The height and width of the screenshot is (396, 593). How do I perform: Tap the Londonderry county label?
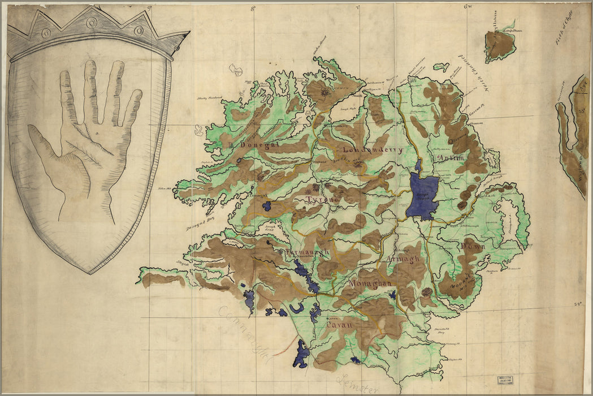[x=373, y=150]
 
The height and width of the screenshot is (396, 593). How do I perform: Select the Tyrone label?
[x=322, y=200]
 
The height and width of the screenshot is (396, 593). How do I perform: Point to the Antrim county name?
[x=452, y=158]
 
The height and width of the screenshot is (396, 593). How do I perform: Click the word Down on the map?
[x=473, y=246]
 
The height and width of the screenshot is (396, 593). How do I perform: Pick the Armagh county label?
[x=404, y=259]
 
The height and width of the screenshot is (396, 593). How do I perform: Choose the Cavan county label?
[x=340, y=325]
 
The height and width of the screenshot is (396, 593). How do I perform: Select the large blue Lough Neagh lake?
[x=423, y=195]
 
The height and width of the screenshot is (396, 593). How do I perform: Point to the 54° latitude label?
[x=578, y=304]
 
